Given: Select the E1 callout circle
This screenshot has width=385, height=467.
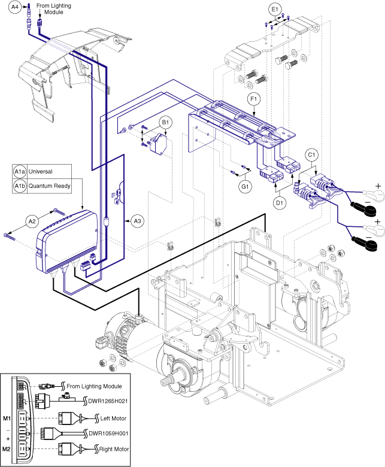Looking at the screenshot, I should [275, 10].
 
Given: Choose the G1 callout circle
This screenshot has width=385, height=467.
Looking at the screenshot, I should [244, 187].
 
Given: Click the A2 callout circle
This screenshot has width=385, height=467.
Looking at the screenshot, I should [33, 222].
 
